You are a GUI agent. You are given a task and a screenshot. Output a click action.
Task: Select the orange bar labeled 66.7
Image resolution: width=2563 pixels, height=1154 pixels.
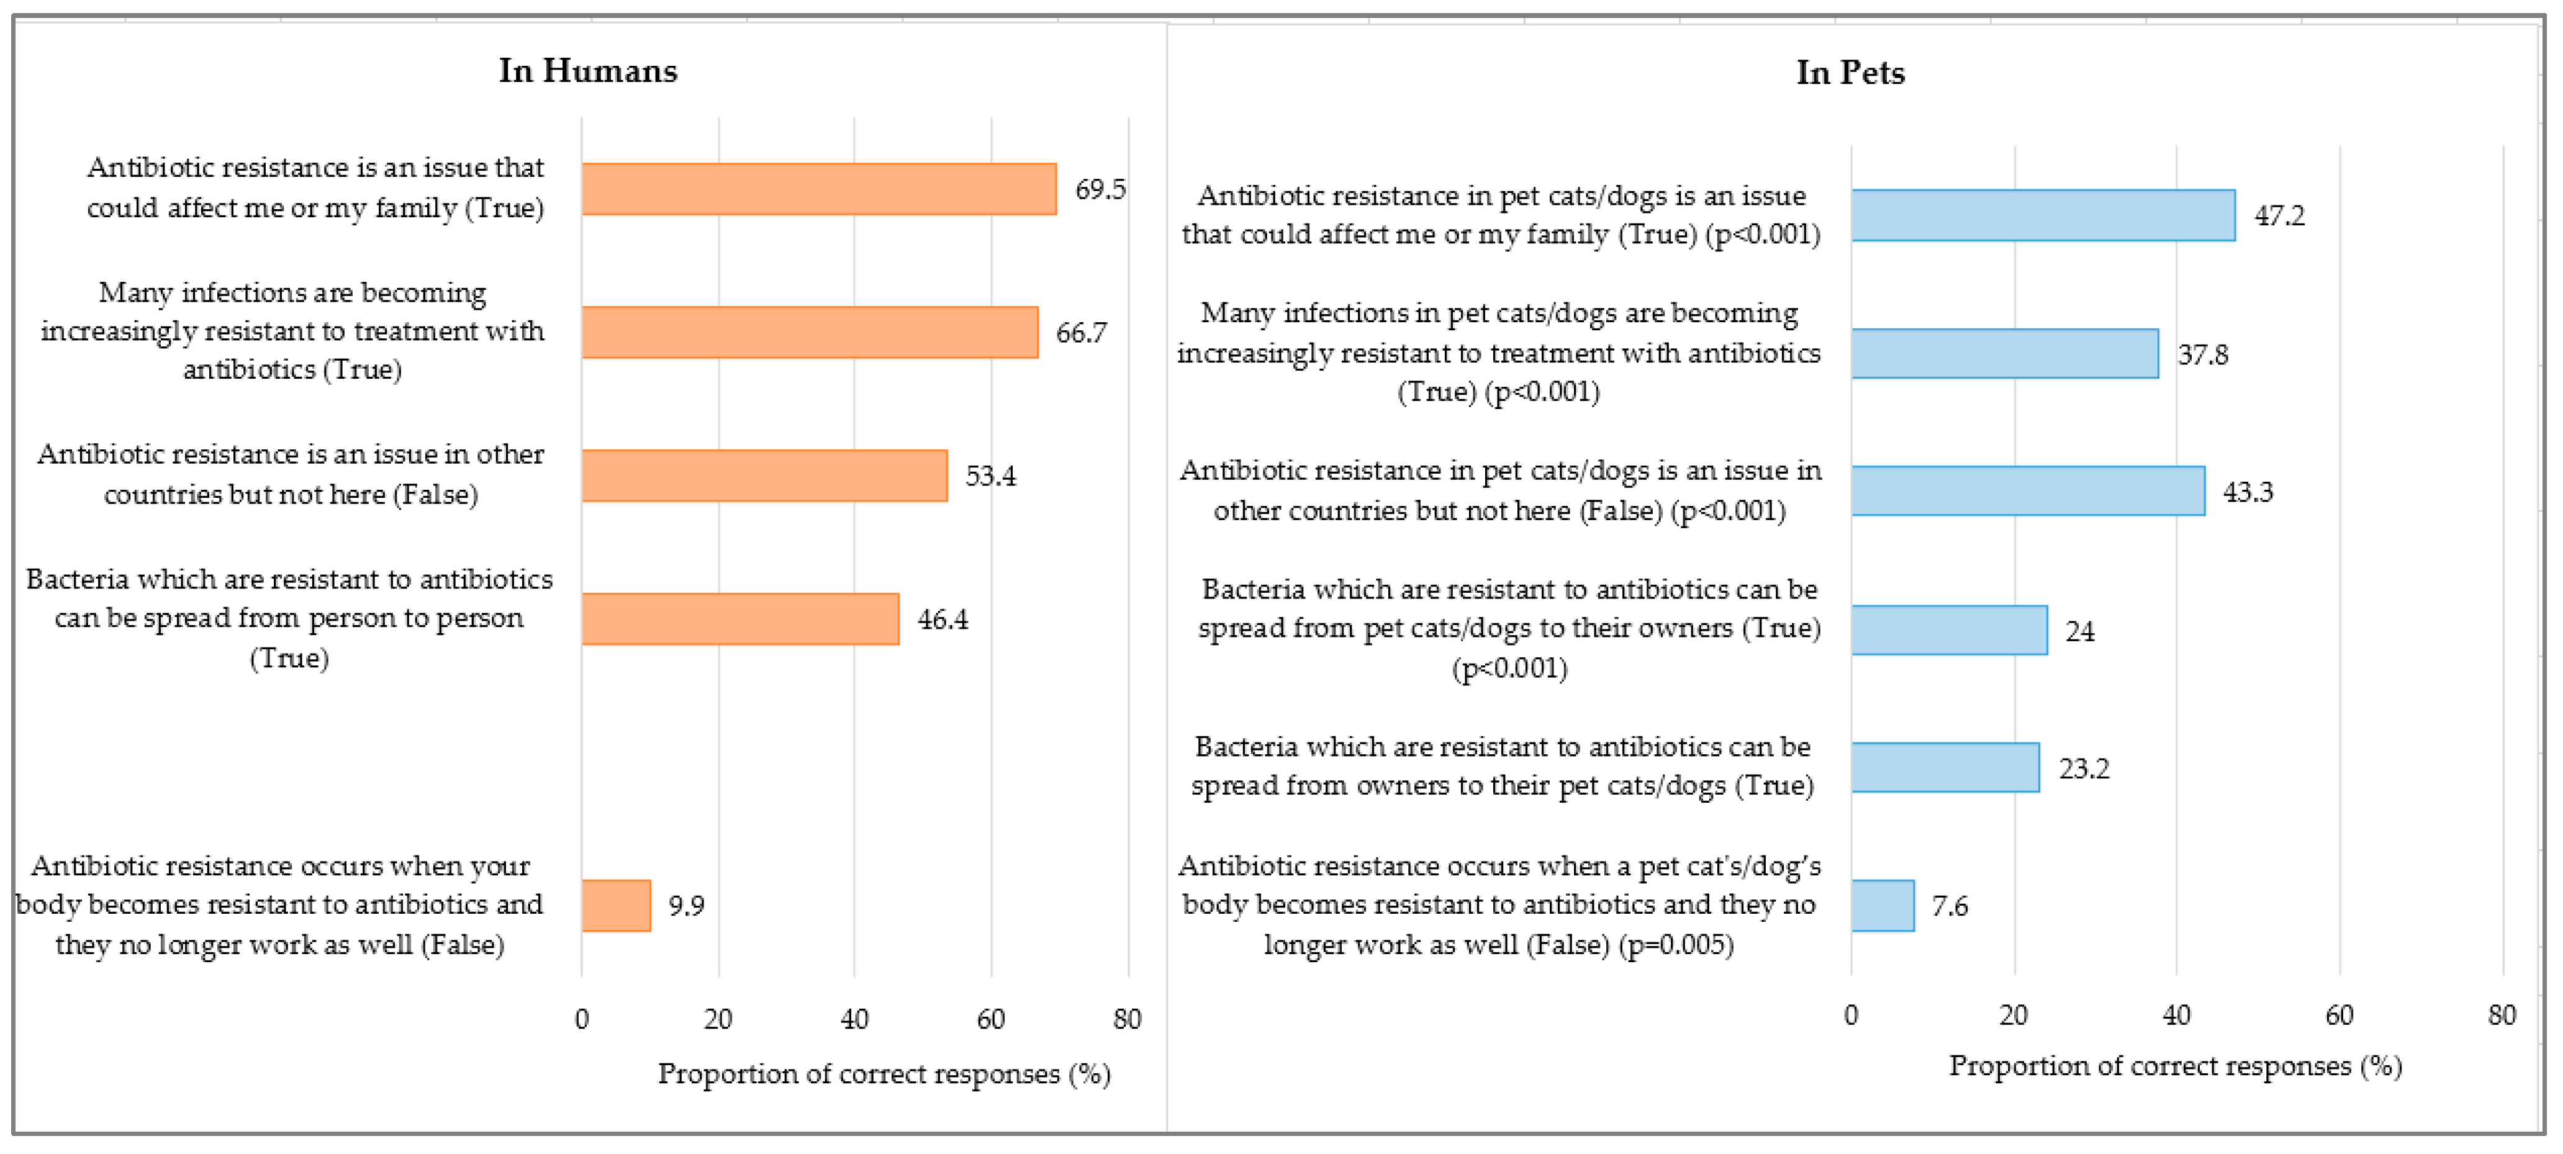(809, 332)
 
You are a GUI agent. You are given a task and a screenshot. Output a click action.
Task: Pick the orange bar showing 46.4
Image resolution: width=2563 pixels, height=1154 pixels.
(739, 619)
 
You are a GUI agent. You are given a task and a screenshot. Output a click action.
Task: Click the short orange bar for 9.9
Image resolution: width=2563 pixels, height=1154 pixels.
(616, 905)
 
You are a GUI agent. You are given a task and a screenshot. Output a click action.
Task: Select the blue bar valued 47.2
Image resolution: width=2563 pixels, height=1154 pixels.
(2043, 215)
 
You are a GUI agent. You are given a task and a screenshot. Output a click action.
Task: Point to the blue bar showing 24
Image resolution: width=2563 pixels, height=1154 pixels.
(1948, 631)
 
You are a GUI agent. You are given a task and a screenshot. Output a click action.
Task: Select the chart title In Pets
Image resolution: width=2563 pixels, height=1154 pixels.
(1850, 73)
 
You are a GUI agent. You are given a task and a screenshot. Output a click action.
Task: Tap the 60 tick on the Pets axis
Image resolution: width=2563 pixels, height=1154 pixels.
(2338, 1015)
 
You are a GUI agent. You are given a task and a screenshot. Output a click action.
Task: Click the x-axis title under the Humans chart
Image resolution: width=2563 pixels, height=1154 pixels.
(884, 1073)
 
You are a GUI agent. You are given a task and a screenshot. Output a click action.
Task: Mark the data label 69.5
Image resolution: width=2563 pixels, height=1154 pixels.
(1100, 189)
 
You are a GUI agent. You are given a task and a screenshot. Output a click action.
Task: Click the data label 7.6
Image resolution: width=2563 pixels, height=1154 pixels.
(1948, 905)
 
